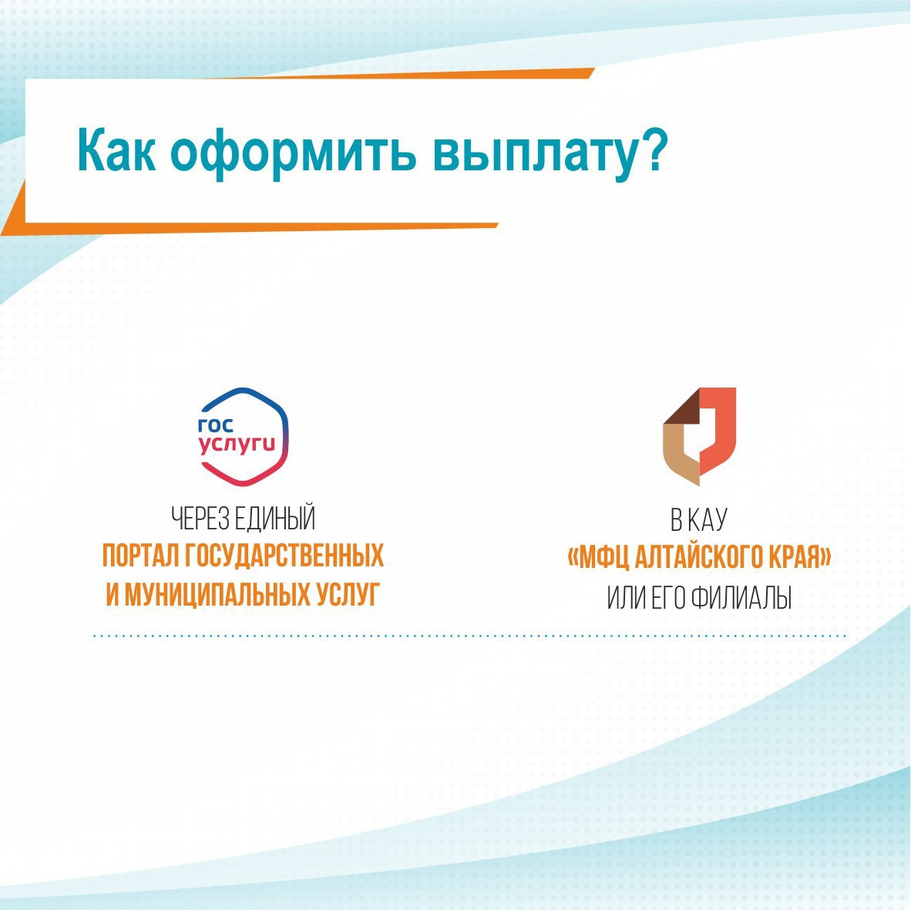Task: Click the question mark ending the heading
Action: (654, 149)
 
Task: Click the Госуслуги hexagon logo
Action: (244, 437)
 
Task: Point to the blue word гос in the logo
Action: (216, 425)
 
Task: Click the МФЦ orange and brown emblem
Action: (700, 436)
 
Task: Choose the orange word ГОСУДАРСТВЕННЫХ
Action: (284, 556)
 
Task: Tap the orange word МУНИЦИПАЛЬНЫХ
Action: (218, 594)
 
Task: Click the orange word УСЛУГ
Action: (348, 594)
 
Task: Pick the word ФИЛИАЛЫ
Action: (741, 598)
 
